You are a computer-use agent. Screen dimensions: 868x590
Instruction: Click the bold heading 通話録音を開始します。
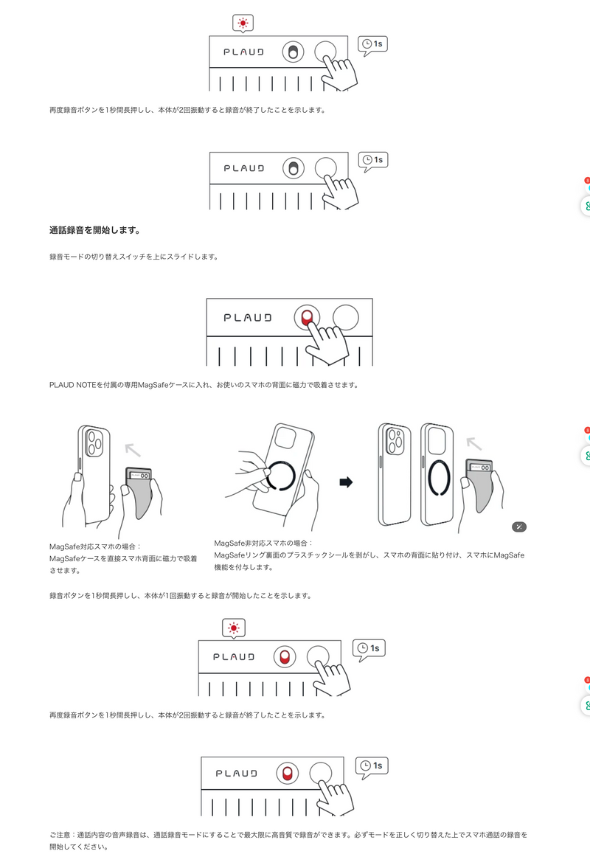click(95, 230)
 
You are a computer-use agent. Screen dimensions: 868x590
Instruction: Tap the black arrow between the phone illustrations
click(345, 482)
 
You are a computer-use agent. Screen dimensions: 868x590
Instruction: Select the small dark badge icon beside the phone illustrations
click(519, 527)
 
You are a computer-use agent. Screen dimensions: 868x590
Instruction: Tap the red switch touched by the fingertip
click(306, 317)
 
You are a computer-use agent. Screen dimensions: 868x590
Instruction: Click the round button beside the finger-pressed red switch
click(346, 317)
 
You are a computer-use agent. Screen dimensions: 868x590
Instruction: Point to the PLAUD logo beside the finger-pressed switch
click(248, 317)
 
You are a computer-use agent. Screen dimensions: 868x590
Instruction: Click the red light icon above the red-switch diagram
click(234, 628)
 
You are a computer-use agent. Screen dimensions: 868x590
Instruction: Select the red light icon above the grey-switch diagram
click(243, 24)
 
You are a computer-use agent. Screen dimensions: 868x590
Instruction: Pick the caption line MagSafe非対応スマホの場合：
click(264, 543)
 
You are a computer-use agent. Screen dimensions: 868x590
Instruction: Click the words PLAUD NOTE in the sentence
click(72, 384)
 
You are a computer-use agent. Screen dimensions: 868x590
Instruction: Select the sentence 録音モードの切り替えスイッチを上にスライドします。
click(133, 257)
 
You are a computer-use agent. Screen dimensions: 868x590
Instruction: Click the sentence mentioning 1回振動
click(181, 595)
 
